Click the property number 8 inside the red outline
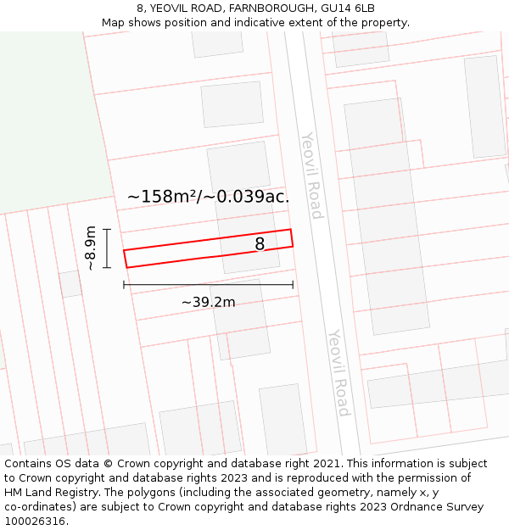click(260, 244)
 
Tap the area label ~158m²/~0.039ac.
click(208, 197)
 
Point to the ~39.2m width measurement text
click(208, 302)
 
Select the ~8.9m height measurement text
click(90, 248)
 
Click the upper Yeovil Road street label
click(312, 175)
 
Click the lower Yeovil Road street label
click(339, 372)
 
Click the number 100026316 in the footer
click(36, 522)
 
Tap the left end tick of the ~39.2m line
click(124, 285)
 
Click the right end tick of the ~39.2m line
click(293, 285)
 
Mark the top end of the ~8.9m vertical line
click(107, 229)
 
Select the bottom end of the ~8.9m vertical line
click(107, 268)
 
